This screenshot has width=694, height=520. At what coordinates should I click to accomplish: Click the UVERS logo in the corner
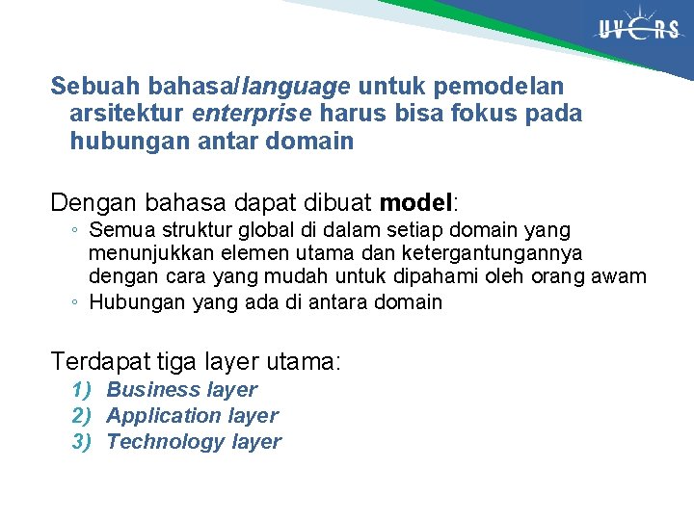tap(638, 31)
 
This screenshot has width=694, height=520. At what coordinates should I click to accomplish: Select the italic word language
tap(296, 87)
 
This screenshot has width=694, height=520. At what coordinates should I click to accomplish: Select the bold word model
tap(416, 204)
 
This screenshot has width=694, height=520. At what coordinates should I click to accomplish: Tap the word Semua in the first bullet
tap(118, 231)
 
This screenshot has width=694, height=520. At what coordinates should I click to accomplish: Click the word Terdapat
tap(99, 362)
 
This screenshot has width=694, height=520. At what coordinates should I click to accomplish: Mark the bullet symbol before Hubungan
tap(74, 302)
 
